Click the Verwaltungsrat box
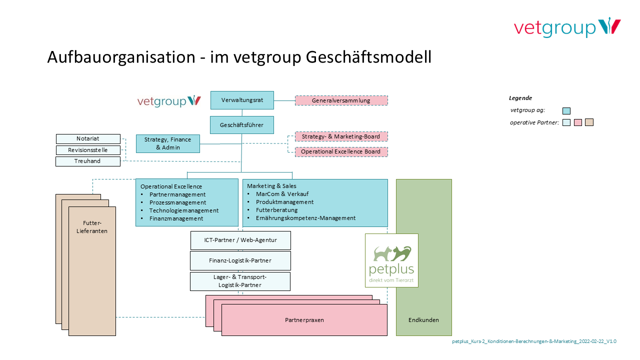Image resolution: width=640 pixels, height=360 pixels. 242,100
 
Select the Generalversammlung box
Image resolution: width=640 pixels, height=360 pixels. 341,100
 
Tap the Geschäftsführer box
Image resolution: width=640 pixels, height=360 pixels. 242,125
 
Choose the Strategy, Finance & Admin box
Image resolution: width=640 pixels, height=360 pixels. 167,143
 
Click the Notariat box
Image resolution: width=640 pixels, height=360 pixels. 88,138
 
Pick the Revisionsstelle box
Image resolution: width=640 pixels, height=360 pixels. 88,150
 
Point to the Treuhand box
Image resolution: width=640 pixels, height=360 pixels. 88,161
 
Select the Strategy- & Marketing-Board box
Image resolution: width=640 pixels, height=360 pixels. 341,136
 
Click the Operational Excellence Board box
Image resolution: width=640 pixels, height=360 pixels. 341,151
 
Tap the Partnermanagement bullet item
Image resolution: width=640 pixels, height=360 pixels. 177,194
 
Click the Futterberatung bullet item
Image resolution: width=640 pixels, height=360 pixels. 276,210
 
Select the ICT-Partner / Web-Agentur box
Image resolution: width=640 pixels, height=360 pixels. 240,240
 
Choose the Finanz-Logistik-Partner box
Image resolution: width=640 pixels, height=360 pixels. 240,260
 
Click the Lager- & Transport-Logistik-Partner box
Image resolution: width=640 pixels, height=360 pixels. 240,281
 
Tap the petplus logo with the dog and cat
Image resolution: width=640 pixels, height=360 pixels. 391,260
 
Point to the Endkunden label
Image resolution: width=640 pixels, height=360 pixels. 423,320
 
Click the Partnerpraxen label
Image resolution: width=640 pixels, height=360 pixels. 304,320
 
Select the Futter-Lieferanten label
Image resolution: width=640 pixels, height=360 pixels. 92,227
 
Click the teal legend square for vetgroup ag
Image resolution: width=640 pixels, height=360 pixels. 566,111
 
